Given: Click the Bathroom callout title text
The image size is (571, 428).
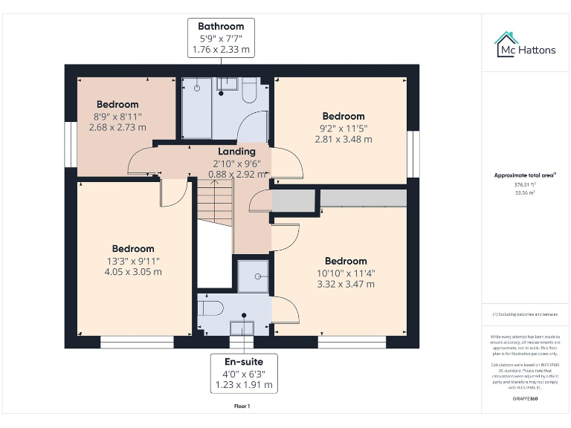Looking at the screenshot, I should tap(220, 26).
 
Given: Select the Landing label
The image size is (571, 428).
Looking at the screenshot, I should tap(236, 152).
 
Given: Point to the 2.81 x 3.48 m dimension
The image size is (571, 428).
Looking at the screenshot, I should tap(343, 139).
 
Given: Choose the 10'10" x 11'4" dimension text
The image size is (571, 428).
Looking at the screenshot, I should tap(346, 273).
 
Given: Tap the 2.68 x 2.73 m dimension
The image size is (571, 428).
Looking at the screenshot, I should tap(117, 127).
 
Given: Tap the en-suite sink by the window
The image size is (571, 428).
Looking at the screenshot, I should tap(242, 327).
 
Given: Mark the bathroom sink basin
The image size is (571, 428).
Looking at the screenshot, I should tap(226, 84).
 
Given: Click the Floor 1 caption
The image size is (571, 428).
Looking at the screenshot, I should tap(242, 406).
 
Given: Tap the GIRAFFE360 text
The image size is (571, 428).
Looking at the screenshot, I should tap(525, 399).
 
